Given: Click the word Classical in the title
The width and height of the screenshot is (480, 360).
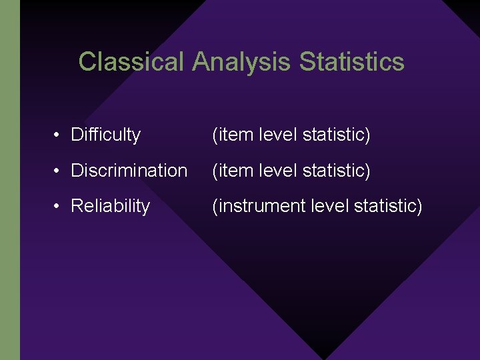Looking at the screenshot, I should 131,62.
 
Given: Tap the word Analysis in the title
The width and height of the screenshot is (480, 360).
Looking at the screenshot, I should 241,62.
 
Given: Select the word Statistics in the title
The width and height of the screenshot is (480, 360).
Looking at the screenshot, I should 351,62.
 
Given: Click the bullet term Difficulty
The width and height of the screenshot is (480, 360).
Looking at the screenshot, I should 105,135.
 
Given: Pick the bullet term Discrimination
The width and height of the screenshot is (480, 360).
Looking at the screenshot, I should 129,171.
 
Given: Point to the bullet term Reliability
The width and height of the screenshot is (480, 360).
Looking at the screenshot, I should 110,207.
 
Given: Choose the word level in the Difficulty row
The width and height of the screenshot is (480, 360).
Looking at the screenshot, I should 275,135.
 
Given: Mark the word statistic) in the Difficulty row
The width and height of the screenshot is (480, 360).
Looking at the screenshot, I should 336,135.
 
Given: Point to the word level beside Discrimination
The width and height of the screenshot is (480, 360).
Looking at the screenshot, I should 275,171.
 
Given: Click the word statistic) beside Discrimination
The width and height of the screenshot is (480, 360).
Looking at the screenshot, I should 336,171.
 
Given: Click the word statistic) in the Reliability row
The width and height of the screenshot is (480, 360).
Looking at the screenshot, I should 389,207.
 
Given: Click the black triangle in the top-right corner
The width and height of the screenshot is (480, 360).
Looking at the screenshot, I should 467,8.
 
